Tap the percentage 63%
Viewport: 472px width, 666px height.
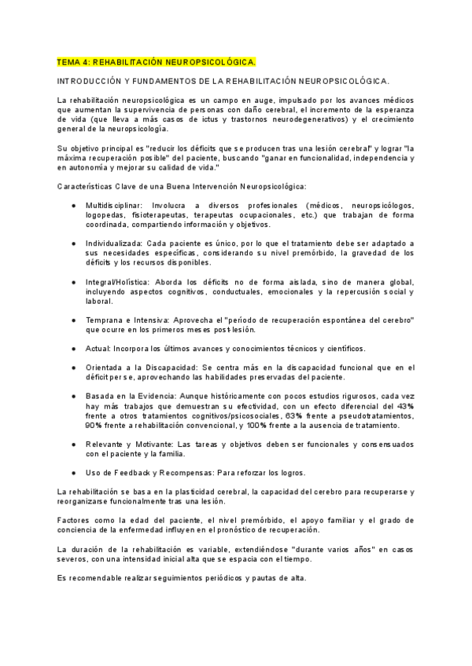(x=293, y=415)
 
